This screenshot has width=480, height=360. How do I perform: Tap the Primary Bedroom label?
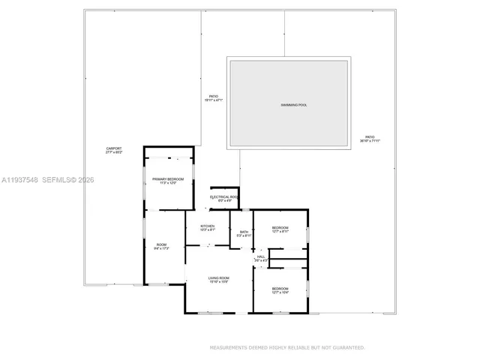pos(168,179)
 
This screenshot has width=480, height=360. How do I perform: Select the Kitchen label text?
pos(207,226)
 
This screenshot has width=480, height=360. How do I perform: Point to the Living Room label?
pos(219,278)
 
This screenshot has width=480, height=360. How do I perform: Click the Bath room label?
pos(244,232)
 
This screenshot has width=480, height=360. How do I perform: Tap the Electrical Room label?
pos(224,196)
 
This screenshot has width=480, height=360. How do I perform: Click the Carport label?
pos(114,149)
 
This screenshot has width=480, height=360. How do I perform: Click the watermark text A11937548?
pos(19,180)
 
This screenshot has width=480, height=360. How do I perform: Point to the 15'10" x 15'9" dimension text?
pos(219,282)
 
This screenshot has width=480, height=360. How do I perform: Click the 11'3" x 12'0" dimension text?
pos(168,183)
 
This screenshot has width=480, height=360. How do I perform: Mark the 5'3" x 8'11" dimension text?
pos(244,235)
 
